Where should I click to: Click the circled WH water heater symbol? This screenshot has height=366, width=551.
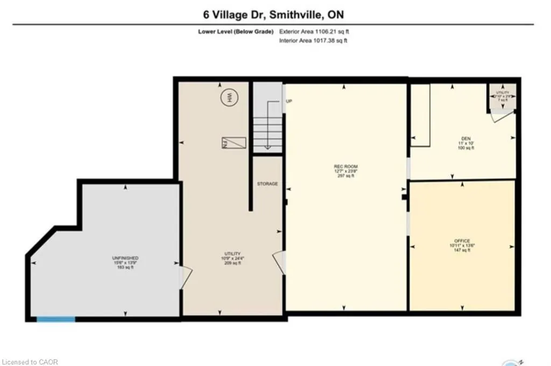(x=229, y=97)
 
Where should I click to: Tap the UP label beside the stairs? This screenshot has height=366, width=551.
(x=289, y=101)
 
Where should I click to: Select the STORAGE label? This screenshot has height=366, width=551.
(x=267, y=184)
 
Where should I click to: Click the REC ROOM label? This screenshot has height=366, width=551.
(x=345, y=170)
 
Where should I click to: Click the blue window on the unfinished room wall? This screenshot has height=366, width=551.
(x=56, y=319)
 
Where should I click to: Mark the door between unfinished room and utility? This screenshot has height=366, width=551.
(x=184, y=276)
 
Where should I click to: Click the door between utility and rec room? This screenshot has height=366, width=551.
(x=280, y=262)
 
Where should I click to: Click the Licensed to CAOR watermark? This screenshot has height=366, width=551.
(x=29, y=361)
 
